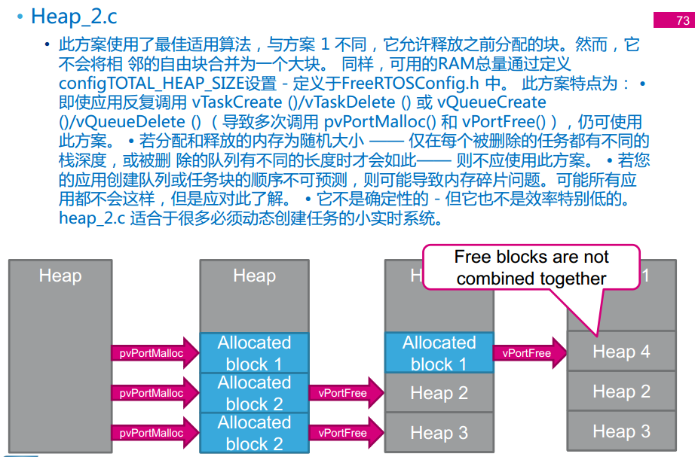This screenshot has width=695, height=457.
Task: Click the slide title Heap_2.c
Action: tap(74, 16)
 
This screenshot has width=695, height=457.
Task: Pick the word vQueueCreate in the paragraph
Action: tap(497, 102)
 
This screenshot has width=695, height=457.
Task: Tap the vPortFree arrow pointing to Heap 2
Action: tap(344, 393)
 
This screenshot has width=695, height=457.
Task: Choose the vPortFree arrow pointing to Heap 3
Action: tap(344, 433)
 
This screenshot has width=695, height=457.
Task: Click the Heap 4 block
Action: tap(621, 352)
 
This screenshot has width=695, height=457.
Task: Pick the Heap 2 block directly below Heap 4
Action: tap(621, 391)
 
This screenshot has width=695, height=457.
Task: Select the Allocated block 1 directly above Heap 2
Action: tap(439, 353)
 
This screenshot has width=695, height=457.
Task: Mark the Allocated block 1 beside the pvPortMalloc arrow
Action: tap(254, 353)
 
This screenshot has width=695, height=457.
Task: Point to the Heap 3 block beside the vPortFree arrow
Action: tap(439, 433)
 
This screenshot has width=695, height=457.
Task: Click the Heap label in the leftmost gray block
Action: tap(60, 276)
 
